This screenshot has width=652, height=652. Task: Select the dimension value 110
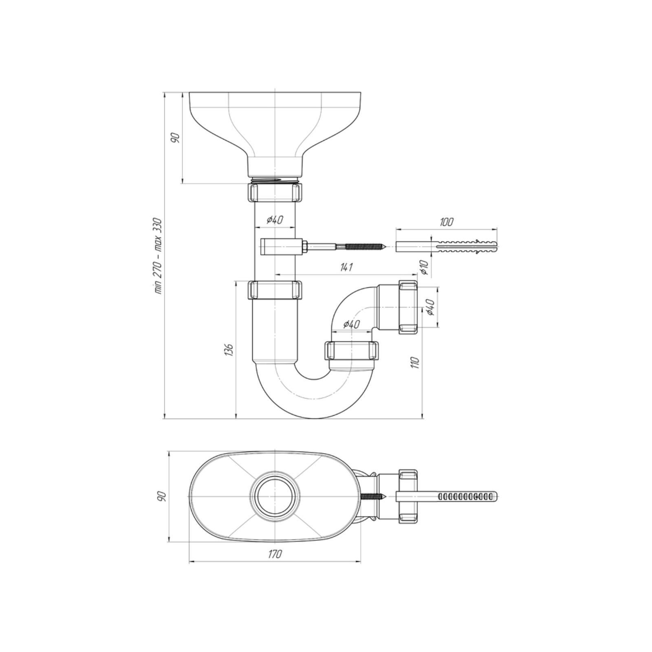pos(415,362)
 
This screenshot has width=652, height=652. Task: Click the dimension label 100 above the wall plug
pos(447,222)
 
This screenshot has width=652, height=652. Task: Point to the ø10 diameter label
pos(424,267)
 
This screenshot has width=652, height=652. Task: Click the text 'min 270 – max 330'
pos(158,256)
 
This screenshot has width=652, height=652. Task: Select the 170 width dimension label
pos(275,554)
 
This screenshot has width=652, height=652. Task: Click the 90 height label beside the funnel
pos(175,138)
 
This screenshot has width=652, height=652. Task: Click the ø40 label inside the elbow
pos(351,324)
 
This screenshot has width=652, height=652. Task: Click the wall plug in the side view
pos(447,247)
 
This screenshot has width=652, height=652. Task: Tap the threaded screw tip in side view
pos(367,247)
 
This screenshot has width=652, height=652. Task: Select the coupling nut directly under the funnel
pos(275,192)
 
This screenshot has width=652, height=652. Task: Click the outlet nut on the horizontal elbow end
pos(408,307)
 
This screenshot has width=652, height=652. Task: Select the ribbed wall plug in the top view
pos(447,496)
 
